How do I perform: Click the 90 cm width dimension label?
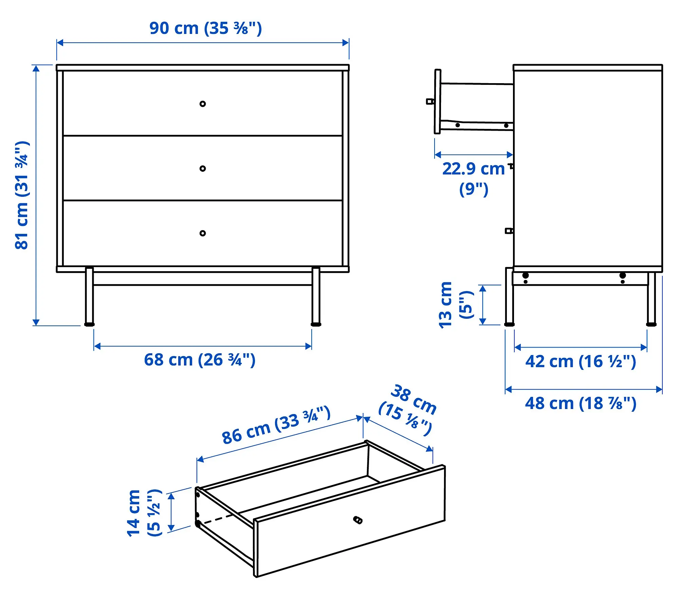(205, 29)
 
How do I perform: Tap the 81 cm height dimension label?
(22, 195)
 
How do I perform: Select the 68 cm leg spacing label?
(200, 360)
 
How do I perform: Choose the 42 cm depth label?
(581, 361)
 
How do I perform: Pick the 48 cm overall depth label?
(581, 404)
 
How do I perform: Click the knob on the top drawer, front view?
(203, 104)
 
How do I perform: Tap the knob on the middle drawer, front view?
(203, 169)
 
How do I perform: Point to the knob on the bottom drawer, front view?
(203, 233)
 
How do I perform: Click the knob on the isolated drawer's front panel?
(358, 520)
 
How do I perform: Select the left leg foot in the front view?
(89, 324)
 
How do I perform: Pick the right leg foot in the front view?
(316, 324)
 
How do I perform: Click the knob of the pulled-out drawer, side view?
(430, 101)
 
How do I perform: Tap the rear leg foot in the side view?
(651, 324)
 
